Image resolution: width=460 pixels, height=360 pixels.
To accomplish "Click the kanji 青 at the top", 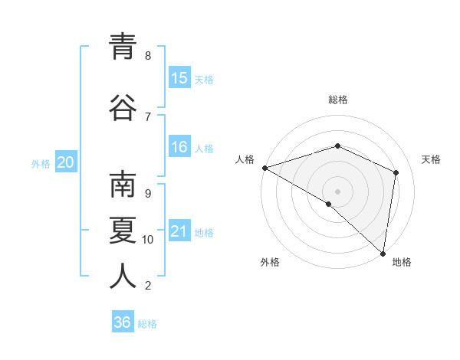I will pyautogui.click(x=123, y=47).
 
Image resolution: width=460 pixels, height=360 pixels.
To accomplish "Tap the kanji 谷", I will pyautogui.click(x=123, y=107).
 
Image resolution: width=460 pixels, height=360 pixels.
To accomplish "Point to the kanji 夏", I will pyautogui.click(x=123, y=230).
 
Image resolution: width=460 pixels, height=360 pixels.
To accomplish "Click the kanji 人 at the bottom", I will pyautogui.click(x=123, y=276).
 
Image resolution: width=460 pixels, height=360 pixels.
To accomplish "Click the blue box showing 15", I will pyautogui.click(x=179, y=78).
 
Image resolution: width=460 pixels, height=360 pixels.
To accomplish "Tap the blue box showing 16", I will pyautogui.click(x=179, y=147).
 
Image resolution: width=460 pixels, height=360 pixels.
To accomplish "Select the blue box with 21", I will pyautogui.click(x=179, y=231).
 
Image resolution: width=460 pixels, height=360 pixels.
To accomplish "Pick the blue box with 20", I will pyautogui.click(x=65, y=162).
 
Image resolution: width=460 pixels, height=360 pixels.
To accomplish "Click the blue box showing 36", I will pyautogui.click(x=123, y=322).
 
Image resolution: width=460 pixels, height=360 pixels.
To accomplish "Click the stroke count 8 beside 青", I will pyautogui.click(x=148, y=56).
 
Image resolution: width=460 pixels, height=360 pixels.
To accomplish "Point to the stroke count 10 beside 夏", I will pyautogui.click(x=148, y=240).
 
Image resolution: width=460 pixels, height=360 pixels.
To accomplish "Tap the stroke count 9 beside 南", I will pyautogui.click(x=148, y=193).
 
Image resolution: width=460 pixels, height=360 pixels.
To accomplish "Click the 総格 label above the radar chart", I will pyautogui.click(x=338, y=100).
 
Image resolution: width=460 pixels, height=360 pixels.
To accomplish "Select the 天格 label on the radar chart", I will pyautogui.click(x=431, y=159).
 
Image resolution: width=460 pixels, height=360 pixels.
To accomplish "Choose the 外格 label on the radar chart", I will pyautogui.click(x=270, y=263).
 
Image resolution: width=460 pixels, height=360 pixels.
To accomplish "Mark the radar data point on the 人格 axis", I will pyautogui.click(x=264, y=168).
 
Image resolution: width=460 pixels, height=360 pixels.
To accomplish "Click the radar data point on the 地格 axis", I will pyautogui.click(x=383, y=252).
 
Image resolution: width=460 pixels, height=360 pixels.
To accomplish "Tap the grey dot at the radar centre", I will pyautogui.click(x=337, y=191).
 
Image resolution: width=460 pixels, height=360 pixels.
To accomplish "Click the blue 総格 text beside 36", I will pyautogui.click(x=147, y=324).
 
